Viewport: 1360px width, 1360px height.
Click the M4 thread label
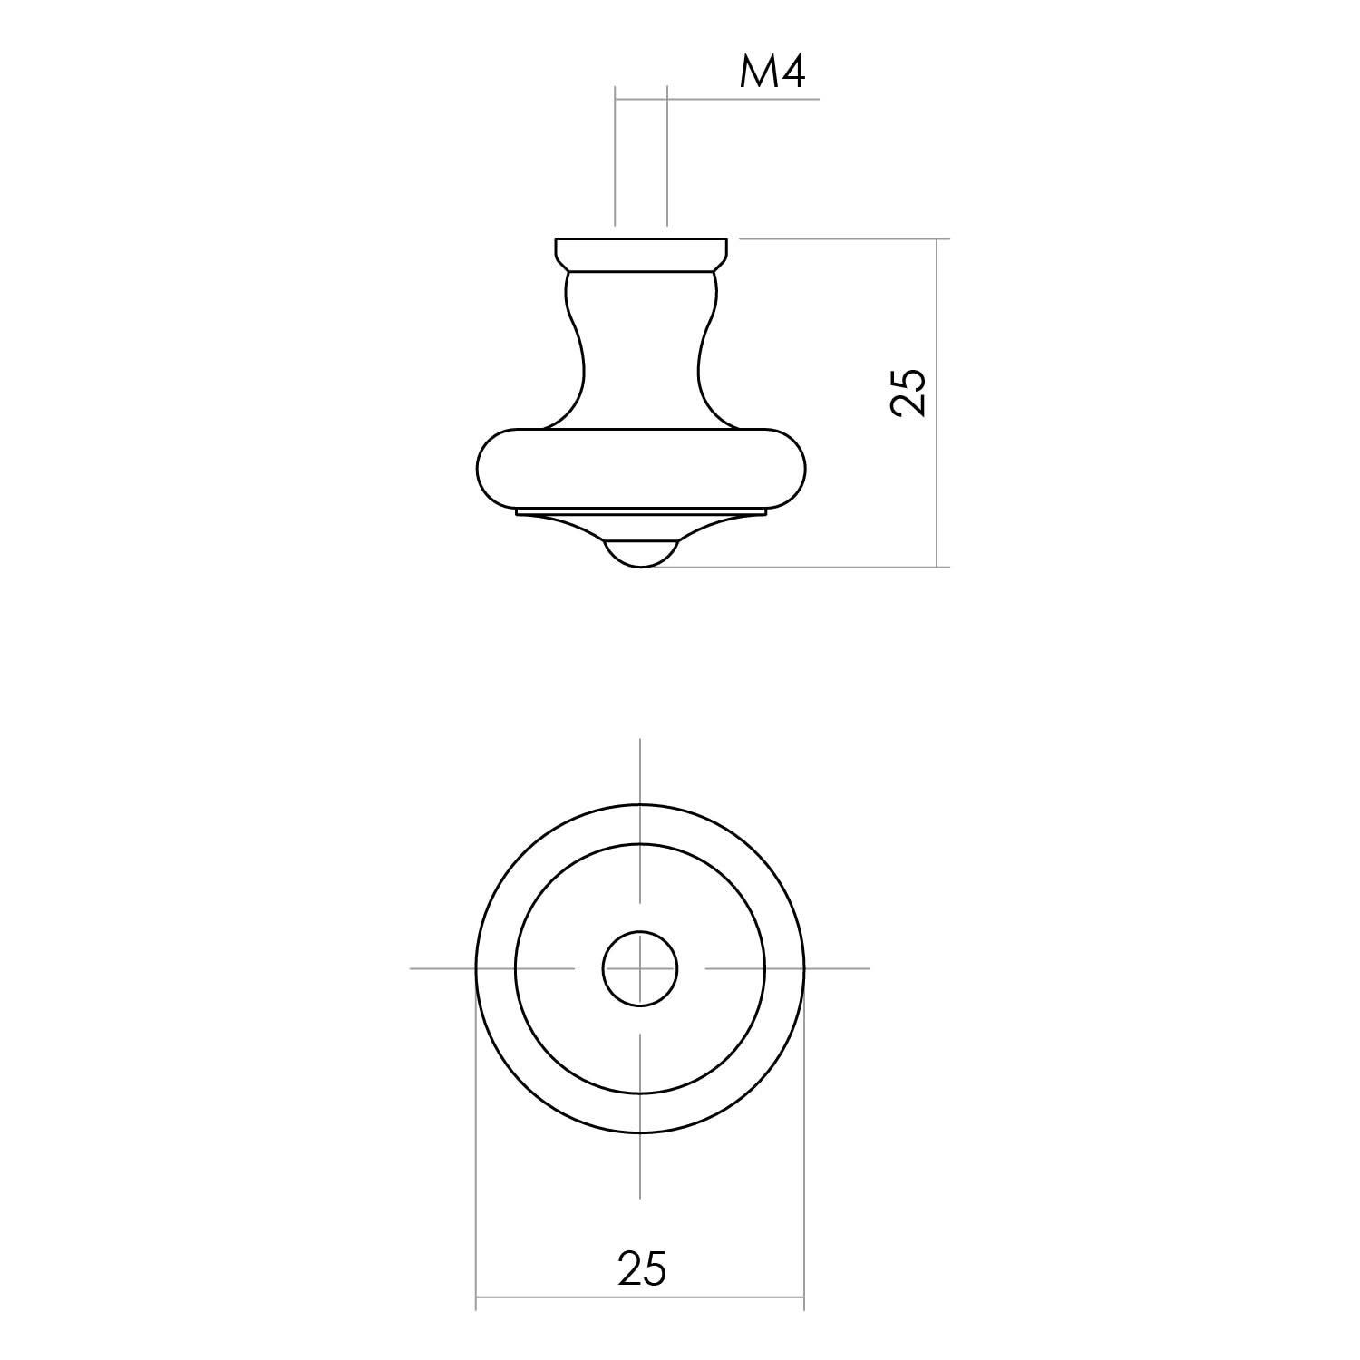(x=772, y=72)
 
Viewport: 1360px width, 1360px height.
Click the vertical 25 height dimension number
(x=909, y=393)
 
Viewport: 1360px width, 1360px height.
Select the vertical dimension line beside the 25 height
(x=937, y=403)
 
